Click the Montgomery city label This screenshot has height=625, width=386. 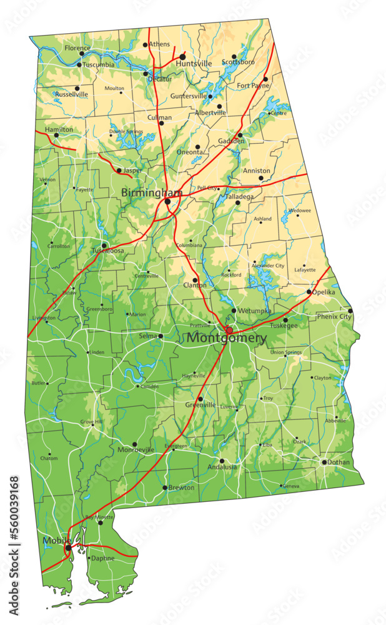click(227, 338)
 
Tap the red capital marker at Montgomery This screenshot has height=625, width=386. click(229, 330)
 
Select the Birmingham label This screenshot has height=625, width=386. click(152, 192)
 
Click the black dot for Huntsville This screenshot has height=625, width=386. click(182, 56)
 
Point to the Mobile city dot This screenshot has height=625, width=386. click(68, 548)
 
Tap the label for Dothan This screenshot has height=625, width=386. click(339, 462)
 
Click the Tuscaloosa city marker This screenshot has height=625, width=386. click(104, 245)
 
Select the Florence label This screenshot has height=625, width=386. click(77, 47)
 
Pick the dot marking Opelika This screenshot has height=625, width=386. click(309, 292)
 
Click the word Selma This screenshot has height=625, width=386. click(147, 336)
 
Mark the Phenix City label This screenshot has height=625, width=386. click(335, 317)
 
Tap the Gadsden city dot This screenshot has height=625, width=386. click(240, 135)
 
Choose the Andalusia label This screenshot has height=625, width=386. click(222, 467)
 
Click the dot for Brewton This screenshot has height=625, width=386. click(165, 487)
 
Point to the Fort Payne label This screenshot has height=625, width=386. click(252, 86)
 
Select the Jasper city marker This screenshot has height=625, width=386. click(119, 170)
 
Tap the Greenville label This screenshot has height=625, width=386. click(200, 405)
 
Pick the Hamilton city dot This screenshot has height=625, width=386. click(56, 135)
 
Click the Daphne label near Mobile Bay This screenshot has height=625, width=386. click(102, 558)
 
